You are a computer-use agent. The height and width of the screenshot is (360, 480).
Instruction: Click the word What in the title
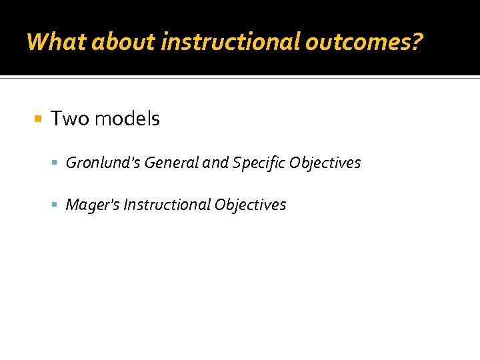point(57,42)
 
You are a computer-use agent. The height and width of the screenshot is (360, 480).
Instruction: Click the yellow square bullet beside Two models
point(38,119)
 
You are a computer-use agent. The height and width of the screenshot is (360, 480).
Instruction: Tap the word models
point(127,119)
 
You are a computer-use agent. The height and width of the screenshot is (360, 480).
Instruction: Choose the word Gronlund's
point(103,163)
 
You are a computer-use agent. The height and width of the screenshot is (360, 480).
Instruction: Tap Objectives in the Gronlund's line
point(325,163)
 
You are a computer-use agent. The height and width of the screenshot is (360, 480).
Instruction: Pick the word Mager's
point(93,205)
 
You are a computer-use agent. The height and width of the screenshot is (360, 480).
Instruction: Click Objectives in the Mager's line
point(250,205)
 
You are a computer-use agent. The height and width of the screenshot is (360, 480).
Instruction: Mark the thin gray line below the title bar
point(240,78)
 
